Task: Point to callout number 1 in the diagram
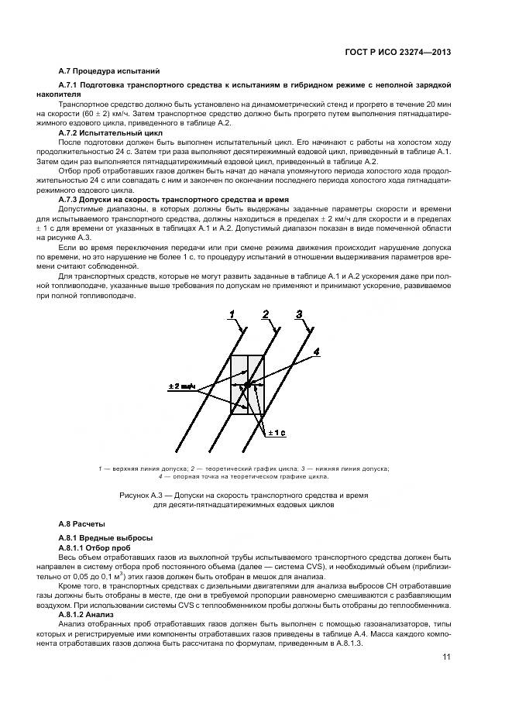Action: tap(232, 313)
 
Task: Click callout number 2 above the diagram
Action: tap(265, 313)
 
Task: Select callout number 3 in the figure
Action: tap(298, 313)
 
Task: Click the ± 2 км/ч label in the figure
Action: tap(180, 386)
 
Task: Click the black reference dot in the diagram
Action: tap(246, 385)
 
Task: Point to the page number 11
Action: tap(446, 657)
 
